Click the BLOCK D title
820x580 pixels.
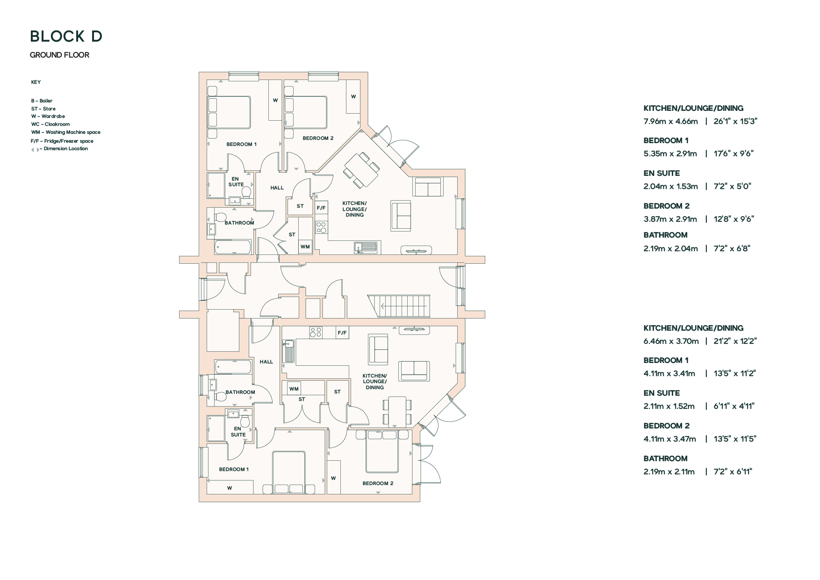tap(66, 36)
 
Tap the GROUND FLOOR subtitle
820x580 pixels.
tap(59, 55)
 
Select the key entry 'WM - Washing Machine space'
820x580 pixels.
tap(66, 132)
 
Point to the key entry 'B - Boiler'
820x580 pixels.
tap(42, 101)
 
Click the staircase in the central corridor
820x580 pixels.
tap(398, 306)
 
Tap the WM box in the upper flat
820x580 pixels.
tap(305, 247)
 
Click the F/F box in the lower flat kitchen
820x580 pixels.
tap(343, 333)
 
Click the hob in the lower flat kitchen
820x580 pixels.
tap(316, 332)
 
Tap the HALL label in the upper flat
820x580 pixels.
tap(277, 188)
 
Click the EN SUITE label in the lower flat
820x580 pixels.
tap(238, 432)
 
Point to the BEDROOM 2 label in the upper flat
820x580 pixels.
tap(318, 138)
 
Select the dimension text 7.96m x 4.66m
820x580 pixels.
tap(670, 121)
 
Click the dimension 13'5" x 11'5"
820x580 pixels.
tap(735, 439)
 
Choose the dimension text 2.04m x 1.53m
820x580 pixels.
tap(670, 186)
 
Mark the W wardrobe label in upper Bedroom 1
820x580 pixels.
tap(275, 100)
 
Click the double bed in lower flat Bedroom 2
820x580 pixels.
tap(382, 451)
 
